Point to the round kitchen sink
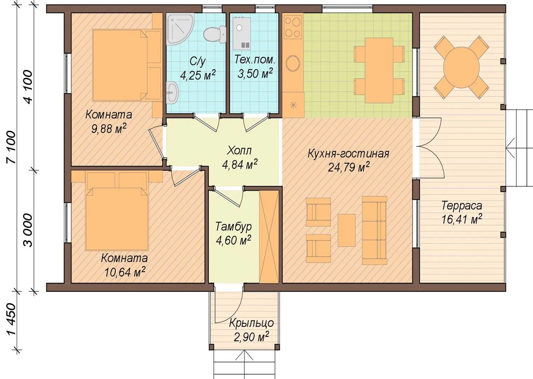click(293, 64)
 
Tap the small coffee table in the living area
click(346, 230)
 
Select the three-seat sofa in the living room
click(374, 230)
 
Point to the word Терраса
click(462, 206)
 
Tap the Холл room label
click(239, 151)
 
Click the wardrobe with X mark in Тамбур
click(269, 237)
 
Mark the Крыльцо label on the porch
click(252, 323)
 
